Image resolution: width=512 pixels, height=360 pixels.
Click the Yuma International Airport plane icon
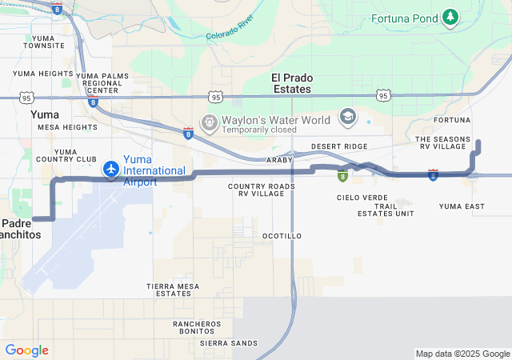[111, 170]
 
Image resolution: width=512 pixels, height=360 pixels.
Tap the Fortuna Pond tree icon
[451, 17]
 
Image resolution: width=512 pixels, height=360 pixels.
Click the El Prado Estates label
[291, 83]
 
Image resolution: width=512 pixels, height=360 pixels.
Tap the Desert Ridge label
[339, 146]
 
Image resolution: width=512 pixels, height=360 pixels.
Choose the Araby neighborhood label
[279, 160]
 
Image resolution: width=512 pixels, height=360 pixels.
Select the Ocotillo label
[282, 236]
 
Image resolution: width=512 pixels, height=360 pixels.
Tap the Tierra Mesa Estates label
[174, 290]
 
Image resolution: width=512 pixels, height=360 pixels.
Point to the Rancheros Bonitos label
[196, 327]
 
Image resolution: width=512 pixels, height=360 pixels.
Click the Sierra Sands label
[229, 342]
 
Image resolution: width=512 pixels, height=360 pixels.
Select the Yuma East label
[462, 206]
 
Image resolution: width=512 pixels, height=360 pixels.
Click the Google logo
[26, 350]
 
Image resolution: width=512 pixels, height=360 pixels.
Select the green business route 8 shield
[342, 176]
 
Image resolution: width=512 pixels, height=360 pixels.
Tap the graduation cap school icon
[347, 118]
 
